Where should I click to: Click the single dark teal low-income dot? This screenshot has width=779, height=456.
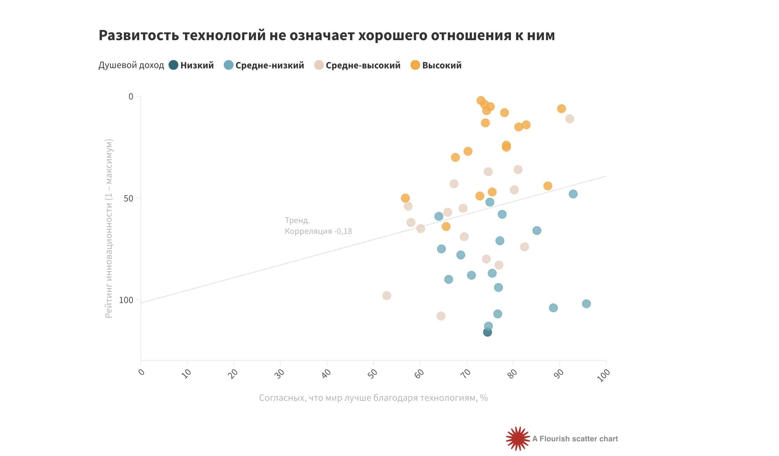pos(488,332)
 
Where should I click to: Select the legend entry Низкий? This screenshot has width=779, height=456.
pos(197,65)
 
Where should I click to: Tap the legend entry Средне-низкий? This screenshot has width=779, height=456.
pos(269,65)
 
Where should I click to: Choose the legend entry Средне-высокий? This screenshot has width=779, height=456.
pos(363,65)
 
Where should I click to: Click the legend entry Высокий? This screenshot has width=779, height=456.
pos(442,65)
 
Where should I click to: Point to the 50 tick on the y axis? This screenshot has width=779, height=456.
pos(128,198)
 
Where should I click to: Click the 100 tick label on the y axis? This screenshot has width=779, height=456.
pos(126,300)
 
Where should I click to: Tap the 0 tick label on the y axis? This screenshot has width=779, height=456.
pos(131,96)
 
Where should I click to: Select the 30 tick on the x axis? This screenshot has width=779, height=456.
pos(280,373)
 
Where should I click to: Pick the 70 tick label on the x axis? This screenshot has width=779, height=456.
pos(466,373)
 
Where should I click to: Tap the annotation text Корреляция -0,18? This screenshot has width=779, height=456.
pos(318,231)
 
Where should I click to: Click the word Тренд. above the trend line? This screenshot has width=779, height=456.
pos(297,220)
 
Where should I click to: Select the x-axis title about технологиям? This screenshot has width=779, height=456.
pos(373,398)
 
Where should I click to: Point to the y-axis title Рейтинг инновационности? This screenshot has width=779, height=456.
pos(109,228)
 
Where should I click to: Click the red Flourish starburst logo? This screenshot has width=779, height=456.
pos(518,439)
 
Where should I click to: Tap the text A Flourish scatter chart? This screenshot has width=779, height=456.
pos(575,439)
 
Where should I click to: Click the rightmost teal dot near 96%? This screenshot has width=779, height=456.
pos(586,304)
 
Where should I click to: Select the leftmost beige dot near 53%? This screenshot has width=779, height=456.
pos(387,296)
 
